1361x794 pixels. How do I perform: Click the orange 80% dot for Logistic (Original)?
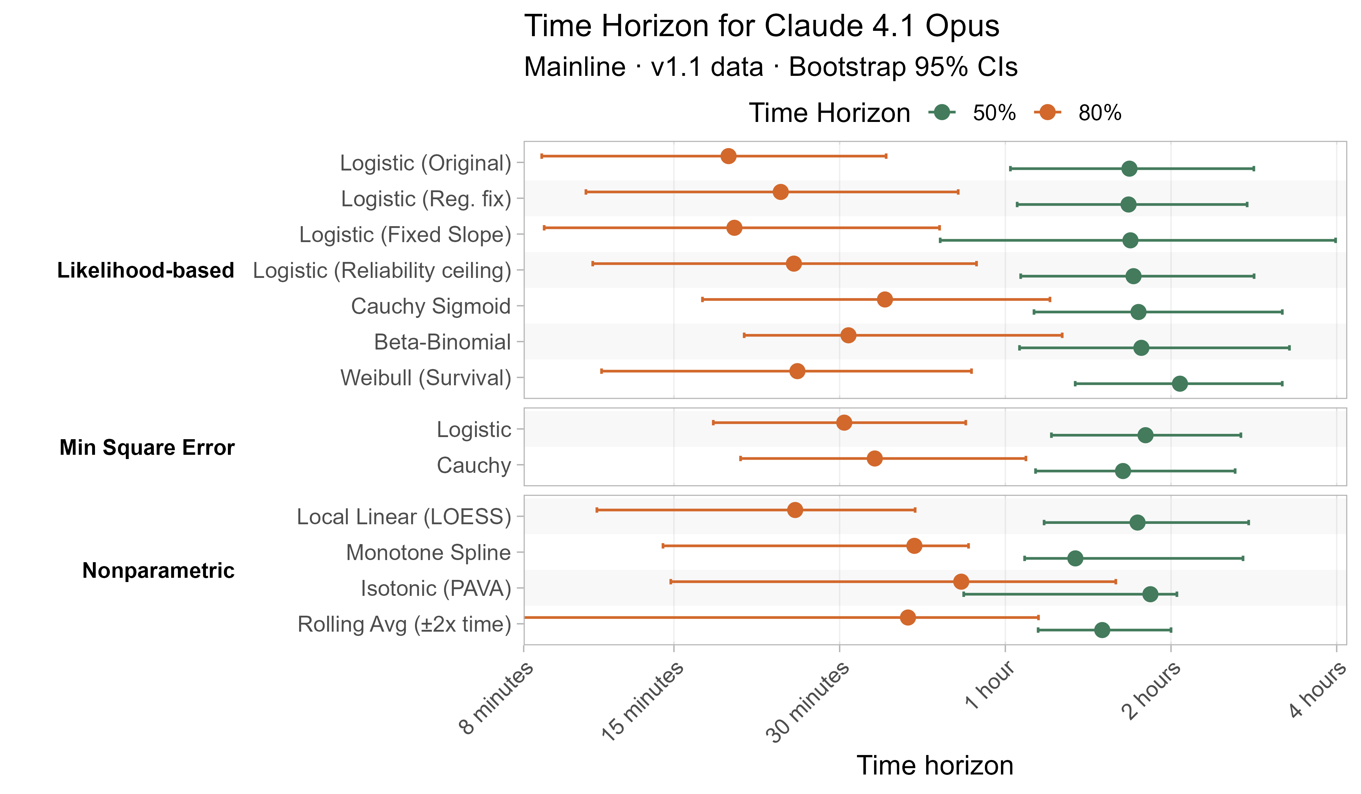tap(729, 156)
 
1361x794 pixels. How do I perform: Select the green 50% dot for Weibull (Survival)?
tap(1180, 384)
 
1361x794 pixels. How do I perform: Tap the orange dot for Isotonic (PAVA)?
tap(961, 582)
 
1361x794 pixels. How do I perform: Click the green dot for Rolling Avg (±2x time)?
tap(1102, 630)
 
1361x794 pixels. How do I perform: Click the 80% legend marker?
tap(1048, 113)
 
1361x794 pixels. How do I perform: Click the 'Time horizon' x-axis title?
tap(935, 765)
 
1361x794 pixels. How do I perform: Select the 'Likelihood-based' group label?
tap(146, 270)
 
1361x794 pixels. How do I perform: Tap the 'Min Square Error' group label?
tap(147, 448)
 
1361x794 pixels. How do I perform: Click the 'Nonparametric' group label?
tap(158, 570)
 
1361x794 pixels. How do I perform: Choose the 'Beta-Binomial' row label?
tap(442, 342)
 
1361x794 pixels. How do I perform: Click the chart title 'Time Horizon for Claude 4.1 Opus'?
tap(762, 26)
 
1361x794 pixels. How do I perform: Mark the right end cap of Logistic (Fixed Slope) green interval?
tap(1335, 240)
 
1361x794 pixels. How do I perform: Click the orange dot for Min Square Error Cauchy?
tap(874, 459)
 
